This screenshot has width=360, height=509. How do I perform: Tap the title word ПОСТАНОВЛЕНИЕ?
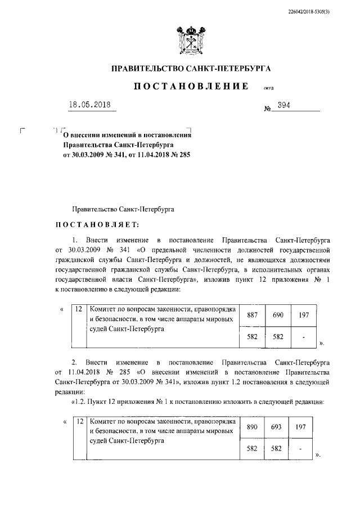coord(191,86)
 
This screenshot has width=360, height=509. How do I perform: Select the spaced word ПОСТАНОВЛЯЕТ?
coord(96,226)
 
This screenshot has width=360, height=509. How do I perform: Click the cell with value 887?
coord(253,315)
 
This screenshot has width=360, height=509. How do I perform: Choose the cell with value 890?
coord(253,427)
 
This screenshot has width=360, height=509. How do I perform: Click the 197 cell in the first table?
coord(304,315)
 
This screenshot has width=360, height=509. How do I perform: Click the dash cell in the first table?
coord(304,336)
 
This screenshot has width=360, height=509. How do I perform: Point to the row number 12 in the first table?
coord(79,309)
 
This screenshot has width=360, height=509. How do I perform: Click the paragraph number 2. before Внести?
coord(74,361)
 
